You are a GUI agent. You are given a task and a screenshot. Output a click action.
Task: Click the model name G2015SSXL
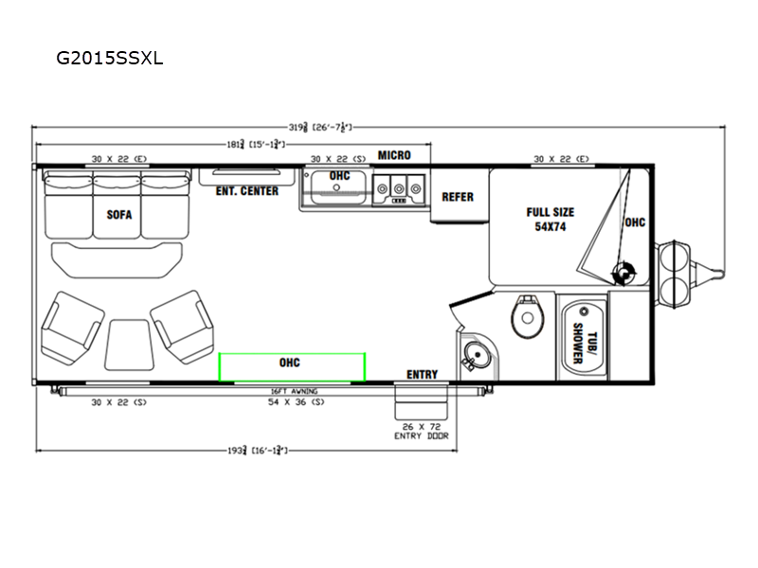click(x=110, y=57)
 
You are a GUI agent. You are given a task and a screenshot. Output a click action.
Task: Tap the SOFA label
click(x=119, y=214)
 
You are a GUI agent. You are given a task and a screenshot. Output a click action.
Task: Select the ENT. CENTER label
click(x=246, y=191)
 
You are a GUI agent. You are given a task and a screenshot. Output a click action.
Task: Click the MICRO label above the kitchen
click(x=394, y=155)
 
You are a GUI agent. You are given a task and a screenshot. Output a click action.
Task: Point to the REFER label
click(x=458, y=197)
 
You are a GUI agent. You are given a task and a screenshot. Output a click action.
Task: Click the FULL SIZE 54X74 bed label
click(x=550, y=220)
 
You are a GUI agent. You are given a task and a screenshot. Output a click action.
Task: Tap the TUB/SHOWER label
click(x=582, y=336)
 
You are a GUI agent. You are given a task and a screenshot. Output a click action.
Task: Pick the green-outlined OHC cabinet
click(x=292, y=366)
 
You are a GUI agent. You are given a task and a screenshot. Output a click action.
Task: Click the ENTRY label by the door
click(x=422, y=375)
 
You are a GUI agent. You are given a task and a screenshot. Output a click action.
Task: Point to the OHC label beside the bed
click(x=635, y=222)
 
